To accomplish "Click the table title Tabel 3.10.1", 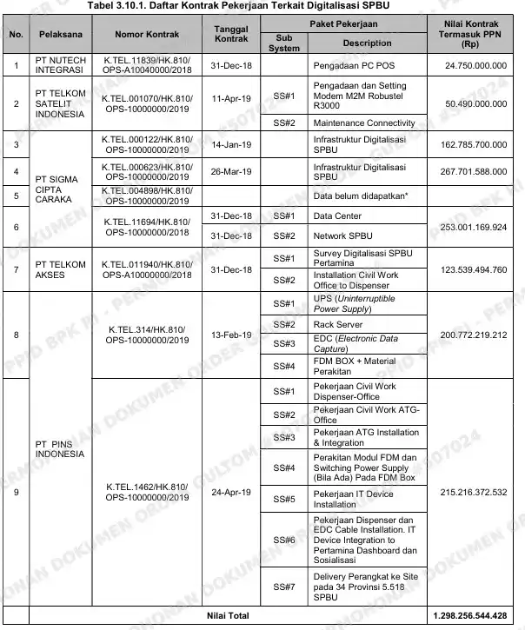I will tap(262, 6).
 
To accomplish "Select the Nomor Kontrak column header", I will tap(145, 36).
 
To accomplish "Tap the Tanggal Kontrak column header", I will tap(232, 36).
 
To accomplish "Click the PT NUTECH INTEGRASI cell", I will tap(59, 65).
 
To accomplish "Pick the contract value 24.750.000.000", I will tap(475, 65).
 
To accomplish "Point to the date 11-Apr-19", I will tap(232, 98).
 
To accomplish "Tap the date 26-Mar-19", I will tap(232, 170).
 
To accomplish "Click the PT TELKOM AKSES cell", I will tap(59, 270).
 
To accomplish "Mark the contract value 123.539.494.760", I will tap(475, 270).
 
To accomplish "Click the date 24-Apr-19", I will tap(232, 493).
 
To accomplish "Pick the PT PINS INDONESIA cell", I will tap(59, 448).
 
